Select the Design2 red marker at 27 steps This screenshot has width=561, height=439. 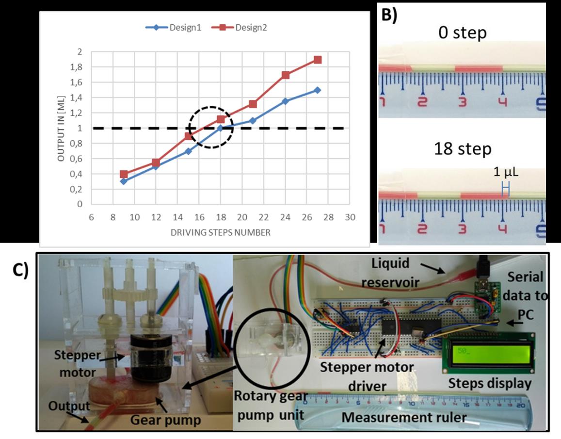click(318, 60)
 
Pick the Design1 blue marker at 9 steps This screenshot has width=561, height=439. click(124, 181)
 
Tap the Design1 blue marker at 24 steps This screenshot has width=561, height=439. click(285, 101)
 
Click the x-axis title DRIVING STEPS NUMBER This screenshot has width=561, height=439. click(220, 232)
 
